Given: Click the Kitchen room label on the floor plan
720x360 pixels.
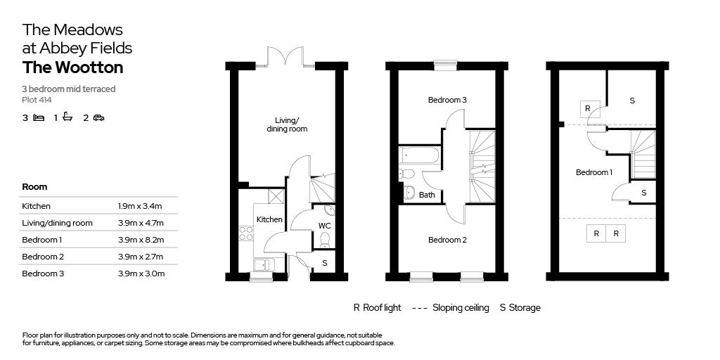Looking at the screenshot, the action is [269, 219].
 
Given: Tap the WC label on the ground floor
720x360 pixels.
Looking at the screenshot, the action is [325, 226].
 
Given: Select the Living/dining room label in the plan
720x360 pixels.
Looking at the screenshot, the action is [287, 125].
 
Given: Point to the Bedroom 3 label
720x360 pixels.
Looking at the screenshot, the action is [448, 100].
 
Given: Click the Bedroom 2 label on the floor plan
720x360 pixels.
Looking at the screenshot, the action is [448, 240].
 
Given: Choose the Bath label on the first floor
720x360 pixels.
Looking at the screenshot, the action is [427, 195].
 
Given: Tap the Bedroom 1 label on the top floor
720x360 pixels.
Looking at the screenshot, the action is [595, 172].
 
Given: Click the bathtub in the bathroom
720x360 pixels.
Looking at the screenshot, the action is [419, 155].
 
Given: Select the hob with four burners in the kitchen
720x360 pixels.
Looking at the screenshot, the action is [245, 233].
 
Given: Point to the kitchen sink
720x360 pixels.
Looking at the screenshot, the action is [264, 265].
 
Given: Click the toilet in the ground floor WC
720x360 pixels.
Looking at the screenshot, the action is [325, 240].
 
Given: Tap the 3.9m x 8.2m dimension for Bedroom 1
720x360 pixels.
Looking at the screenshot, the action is [141, 240].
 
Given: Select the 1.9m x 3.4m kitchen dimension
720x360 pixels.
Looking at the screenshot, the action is [140, 206].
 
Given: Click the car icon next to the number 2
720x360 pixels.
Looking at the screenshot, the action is [98, 118].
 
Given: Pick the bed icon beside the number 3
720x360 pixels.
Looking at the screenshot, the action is [39, 118].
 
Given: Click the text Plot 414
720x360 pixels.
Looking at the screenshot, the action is [37, 100].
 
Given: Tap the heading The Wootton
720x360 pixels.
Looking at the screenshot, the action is [72, 67].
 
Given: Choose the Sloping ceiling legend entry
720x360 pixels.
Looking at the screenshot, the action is [461, 308].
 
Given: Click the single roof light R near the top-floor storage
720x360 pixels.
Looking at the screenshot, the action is [587, 108].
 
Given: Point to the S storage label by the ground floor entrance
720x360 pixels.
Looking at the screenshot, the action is [325, 264].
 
